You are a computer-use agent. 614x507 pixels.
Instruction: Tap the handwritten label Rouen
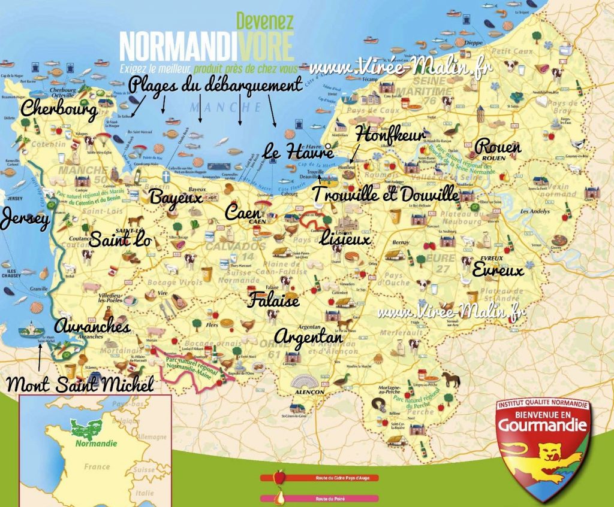(x=498, y=147)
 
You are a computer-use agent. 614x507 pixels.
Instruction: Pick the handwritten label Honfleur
(x=390, y=135)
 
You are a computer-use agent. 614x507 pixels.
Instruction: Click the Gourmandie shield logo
(x=543, y=444)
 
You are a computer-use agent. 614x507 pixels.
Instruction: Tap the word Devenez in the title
(x=265, y=21)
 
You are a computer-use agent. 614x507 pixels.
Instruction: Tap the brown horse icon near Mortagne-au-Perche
(x=452, y=378)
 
